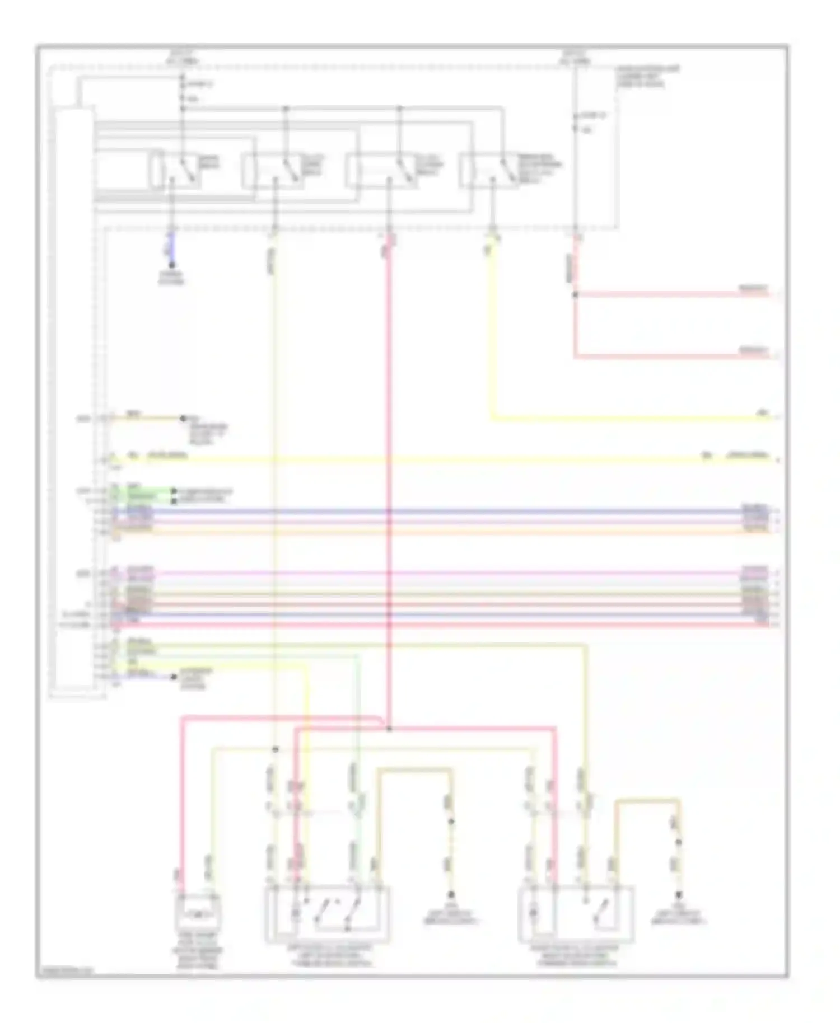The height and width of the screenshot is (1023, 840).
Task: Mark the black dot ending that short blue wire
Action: tap(172, 265)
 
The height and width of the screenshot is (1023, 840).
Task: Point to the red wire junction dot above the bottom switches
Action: tap(389, 729)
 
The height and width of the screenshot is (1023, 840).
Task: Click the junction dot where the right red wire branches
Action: tap(575, 294)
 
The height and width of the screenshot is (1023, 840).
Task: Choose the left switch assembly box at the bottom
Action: tap(328, 912)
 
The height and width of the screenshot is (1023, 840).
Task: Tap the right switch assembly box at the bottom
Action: tap(577, 913)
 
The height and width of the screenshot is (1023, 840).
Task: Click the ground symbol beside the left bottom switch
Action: tap(451, 895)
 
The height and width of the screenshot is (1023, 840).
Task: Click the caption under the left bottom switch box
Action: tap(329, 954)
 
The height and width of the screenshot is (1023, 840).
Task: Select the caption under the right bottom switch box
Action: tap(577, 954)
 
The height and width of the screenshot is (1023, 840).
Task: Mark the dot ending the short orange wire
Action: tap(182, 418)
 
